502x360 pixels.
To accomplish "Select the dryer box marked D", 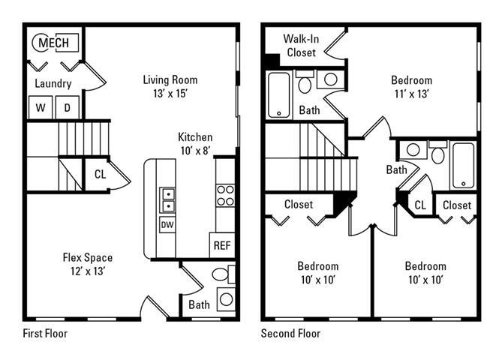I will tap(66, 107).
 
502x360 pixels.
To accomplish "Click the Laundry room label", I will tap(53, 84).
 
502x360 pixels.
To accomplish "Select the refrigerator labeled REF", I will tap(222, 244).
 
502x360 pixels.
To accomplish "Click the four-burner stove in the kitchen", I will tap(225, 196).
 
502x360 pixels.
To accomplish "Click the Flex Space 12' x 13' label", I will tap(89, 264).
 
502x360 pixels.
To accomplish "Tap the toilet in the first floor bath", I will tap(218, 274).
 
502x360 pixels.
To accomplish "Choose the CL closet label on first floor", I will tap(100, 175).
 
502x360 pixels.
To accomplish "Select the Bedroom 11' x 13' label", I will tap(411, 87).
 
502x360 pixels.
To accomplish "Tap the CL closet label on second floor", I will tap(420, 205).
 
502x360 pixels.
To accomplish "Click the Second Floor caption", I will tap(290, 333).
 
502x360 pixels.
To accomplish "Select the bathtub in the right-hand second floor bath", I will tap(463, 166).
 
